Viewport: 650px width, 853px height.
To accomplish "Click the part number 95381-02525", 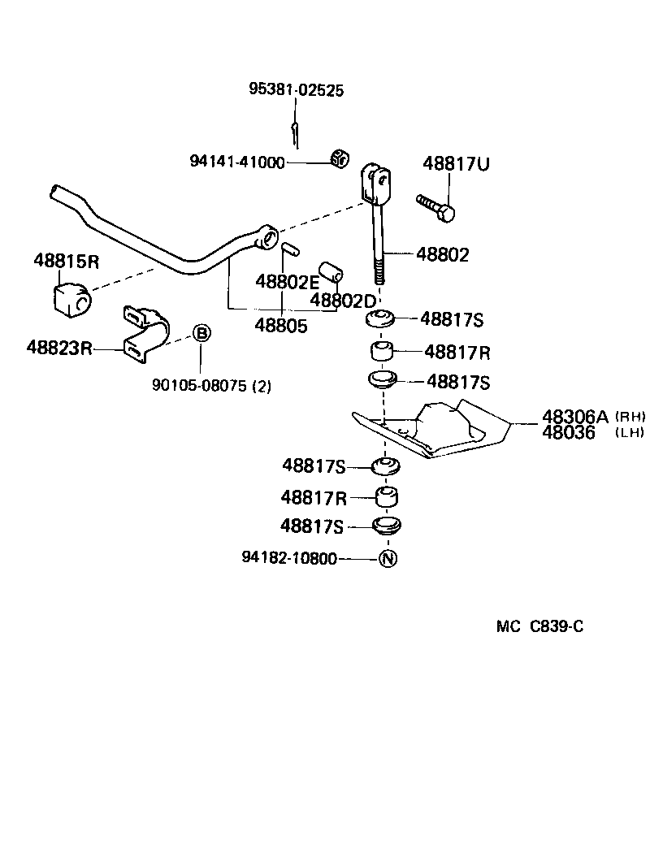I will [296, 90].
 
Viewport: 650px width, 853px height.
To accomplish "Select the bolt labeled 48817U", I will [436, 208].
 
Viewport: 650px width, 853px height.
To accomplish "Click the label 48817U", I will [456, 164].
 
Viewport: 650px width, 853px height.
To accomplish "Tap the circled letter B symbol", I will [201, 333].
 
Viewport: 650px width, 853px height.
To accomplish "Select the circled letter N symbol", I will [388, 559].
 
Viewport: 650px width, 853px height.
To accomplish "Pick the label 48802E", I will [287, 282].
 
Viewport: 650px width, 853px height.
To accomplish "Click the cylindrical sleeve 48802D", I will [331, 271].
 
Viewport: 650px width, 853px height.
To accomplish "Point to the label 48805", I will [281, 326].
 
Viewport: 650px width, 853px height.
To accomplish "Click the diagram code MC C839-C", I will [540, 626].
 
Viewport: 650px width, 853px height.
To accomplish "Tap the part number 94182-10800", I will [289, 559].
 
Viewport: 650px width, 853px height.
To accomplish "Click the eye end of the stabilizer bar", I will [265, 238].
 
